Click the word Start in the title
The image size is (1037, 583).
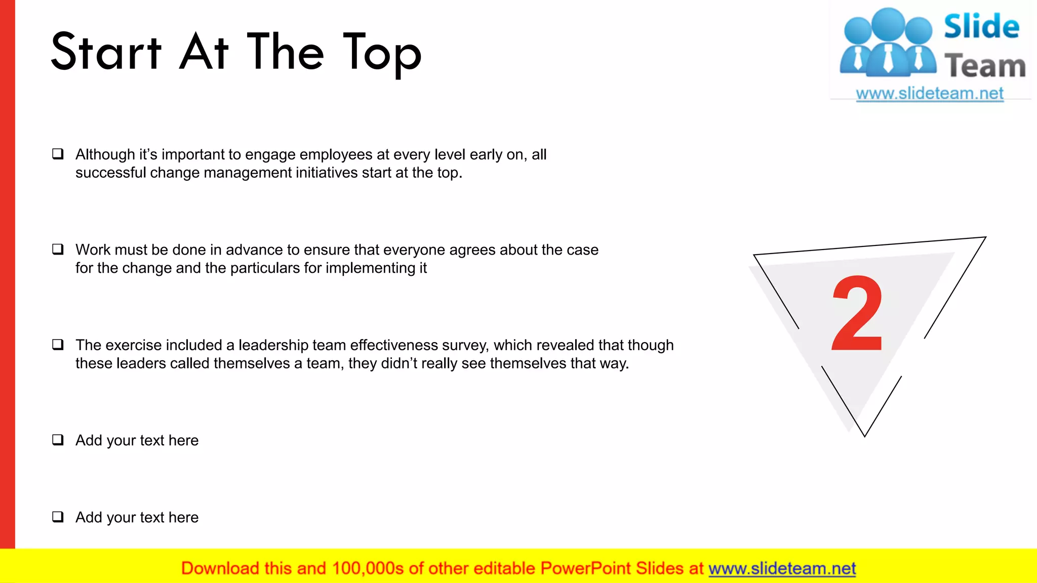pyautogui.click(x=106, y=52)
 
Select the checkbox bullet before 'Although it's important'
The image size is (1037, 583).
pyautogui.click(x=58, y=154)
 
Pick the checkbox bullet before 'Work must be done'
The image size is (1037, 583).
pyautogui.click(x=58, y=249)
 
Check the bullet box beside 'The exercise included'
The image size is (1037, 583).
pyautogui.click(x=58, y=345)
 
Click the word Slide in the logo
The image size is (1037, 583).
pyautogui.click(x=981, y=26)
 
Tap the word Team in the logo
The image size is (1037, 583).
pyautogui.click(x=985, y=66)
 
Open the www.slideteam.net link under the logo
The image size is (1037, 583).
pyautogui.click(x=930, y=94)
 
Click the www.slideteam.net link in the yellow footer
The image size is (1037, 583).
pyautogui.click(x=782, y=568)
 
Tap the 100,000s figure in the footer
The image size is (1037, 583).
pyautogui.click(x=368, y=568)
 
